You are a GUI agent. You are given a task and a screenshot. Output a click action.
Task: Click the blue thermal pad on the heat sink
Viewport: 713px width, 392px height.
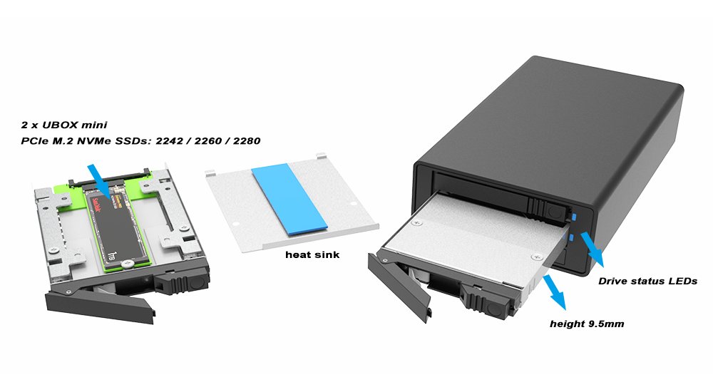tap(289, 199)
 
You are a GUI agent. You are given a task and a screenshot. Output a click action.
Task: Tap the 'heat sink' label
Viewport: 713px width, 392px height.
tap(312, 254)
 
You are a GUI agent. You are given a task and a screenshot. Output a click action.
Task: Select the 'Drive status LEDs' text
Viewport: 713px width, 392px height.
tap(647, 281)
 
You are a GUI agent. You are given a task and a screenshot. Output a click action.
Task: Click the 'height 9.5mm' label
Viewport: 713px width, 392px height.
tap(587, 324)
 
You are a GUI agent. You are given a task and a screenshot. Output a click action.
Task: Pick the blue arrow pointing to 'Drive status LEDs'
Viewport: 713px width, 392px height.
tap(592, 249)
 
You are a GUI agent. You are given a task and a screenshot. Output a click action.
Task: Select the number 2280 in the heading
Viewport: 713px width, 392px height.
tap(247, 141)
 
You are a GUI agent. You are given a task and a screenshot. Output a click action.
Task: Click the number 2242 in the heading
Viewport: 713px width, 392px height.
tap(169, 141)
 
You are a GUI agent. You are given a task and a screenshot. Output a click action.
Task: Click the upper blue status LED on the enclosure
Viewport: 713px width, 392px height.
tap(574, 217)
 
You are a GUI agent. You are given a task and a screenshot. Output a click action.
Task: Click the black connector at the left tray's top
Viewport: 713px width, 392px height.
tap(109, 178)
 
